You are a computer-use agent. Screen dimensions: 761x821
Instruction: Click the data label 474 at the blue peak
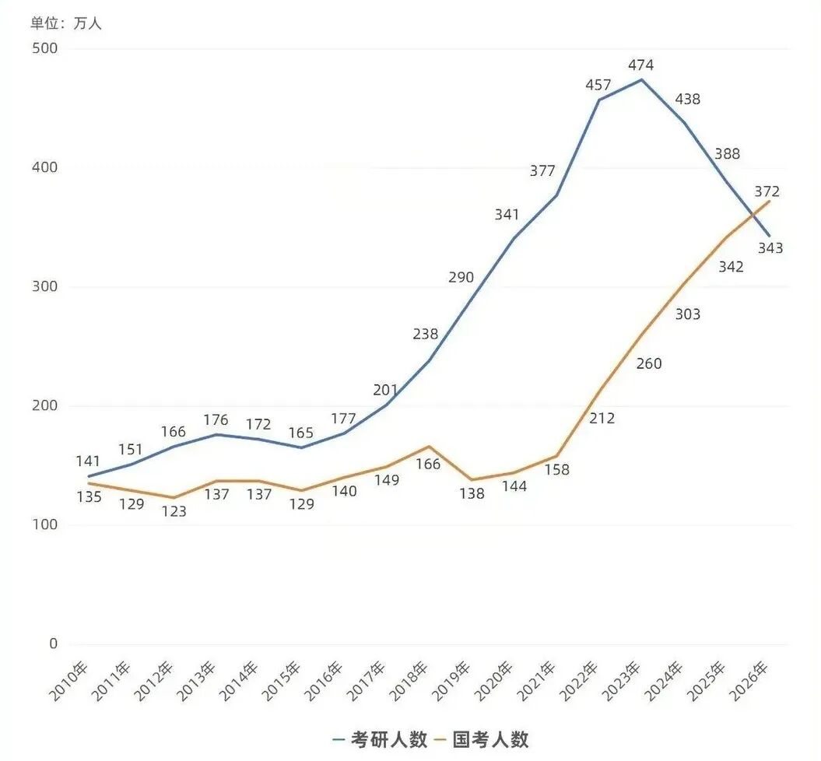click(x=641, y=65)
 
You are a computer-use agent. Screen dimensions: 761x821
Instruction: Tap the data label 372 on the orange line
click(x=767, y=191)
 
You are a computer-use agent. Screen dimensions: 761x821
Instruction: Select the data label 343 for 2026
click(x=770, y=248)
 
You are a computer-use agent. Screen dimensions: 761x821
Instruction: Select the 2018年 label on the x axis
click(x=410, y=682)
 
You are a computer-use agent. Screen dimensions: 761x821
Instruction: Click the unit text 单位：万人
click(x=66, y=23)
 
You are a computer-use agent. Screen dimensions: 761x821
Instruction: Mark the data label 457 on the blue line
click(x=598, y=84)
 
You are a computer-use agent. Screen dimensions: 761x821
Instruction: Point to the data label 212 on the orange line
click(x=602, y=419)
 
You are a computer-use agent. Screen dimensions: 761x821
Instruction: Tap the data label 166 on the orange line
click(x=427, y=465)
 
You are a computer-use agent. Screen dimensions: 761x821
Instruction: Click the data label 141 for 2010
click(x=88, y=461)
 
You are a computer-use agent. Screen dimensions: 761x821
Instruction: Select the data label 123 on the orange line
click(x=174, y=513)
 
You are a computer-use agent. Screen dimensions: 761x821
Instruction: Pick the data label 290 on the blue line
click(x=461, y=277)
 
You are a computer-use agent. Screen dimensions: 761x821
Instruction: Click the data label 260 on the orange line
click(x=647, y=363)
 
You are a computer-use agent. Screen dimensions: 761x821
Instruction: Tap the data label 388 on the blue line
click(x=727, y=153)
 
